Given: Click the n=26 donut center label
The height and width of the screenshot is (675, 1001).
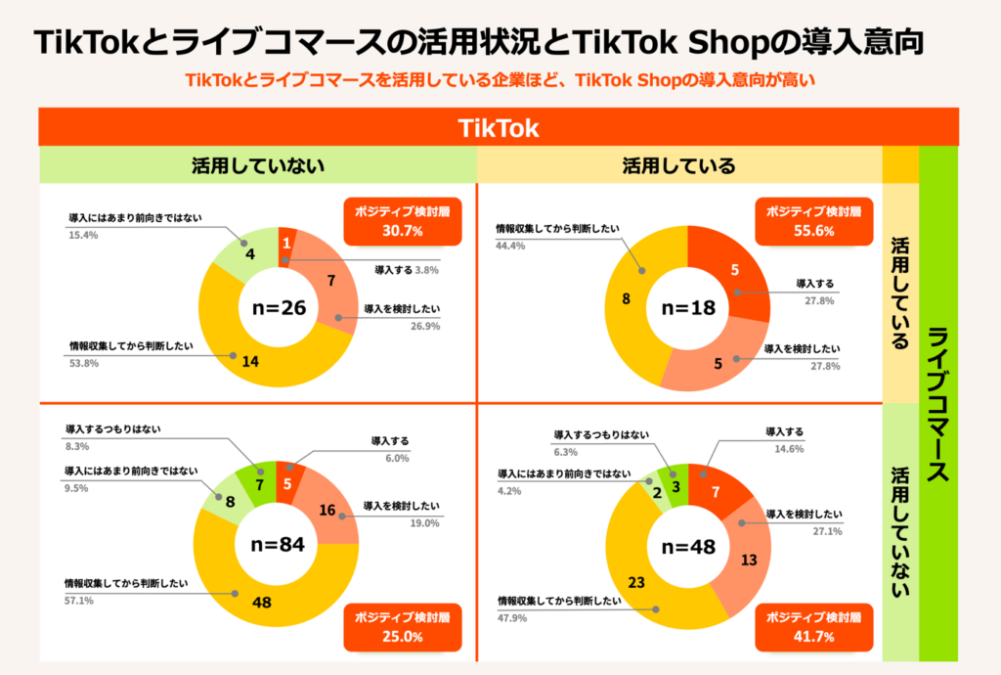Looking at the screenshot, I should coord(280,308).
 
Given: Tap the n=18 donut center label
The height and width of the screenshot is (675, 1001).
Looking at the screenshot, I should coord(689,307).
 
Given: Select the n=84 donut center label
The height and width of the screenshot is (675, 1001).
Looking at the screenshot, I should coord(279,544).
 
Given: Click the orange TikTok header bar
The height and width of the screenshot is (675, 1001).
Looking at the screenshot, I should coord(499,128).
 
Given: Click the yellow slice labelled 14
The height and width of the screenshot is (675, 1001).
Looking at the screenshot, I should coord(249,360).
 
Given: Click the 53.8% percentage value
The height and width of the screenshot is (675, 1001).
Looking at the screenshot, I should coord(82,364).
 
